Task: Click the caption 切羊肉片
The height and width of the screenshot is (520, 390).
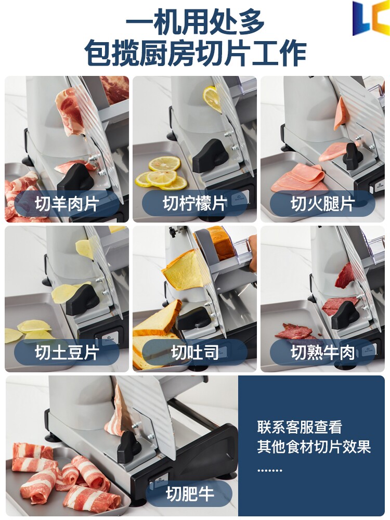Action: [x=67, y=203]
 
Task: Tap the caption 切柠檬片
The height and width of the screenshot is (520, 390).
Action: [x=194, y=203]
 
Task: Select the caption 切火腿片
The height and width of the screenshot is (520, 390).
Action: [x=323, y=203]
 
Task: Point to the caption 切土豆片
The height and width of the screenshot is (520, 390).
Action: [x=67, y=352]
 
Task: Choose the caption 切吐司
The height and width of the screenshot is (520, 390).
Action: [x=194, y=352]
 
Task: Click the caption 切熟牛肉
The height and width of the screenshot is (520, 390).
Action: [x=323, y=352]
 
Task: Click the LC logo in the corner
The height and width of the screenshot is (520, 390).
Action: [x=371, y=18]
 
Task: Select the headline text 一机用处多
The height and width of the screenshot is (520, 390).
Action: [x=195, y=22]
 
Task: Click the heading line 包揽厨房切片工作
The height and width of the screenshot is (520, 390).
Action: [x=195, y=53]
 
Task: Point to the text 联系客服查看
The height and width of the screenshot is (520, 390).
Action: [x=300, y=427]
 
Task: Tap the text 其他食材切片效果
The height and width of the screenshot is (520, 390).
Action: [x=314, y=447]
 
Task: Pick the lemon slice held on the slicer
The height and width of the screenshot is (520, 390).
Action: [x=212, y=98]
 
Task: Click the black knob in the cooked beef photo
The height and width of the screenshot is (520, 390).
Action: [x=345, y=315]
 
